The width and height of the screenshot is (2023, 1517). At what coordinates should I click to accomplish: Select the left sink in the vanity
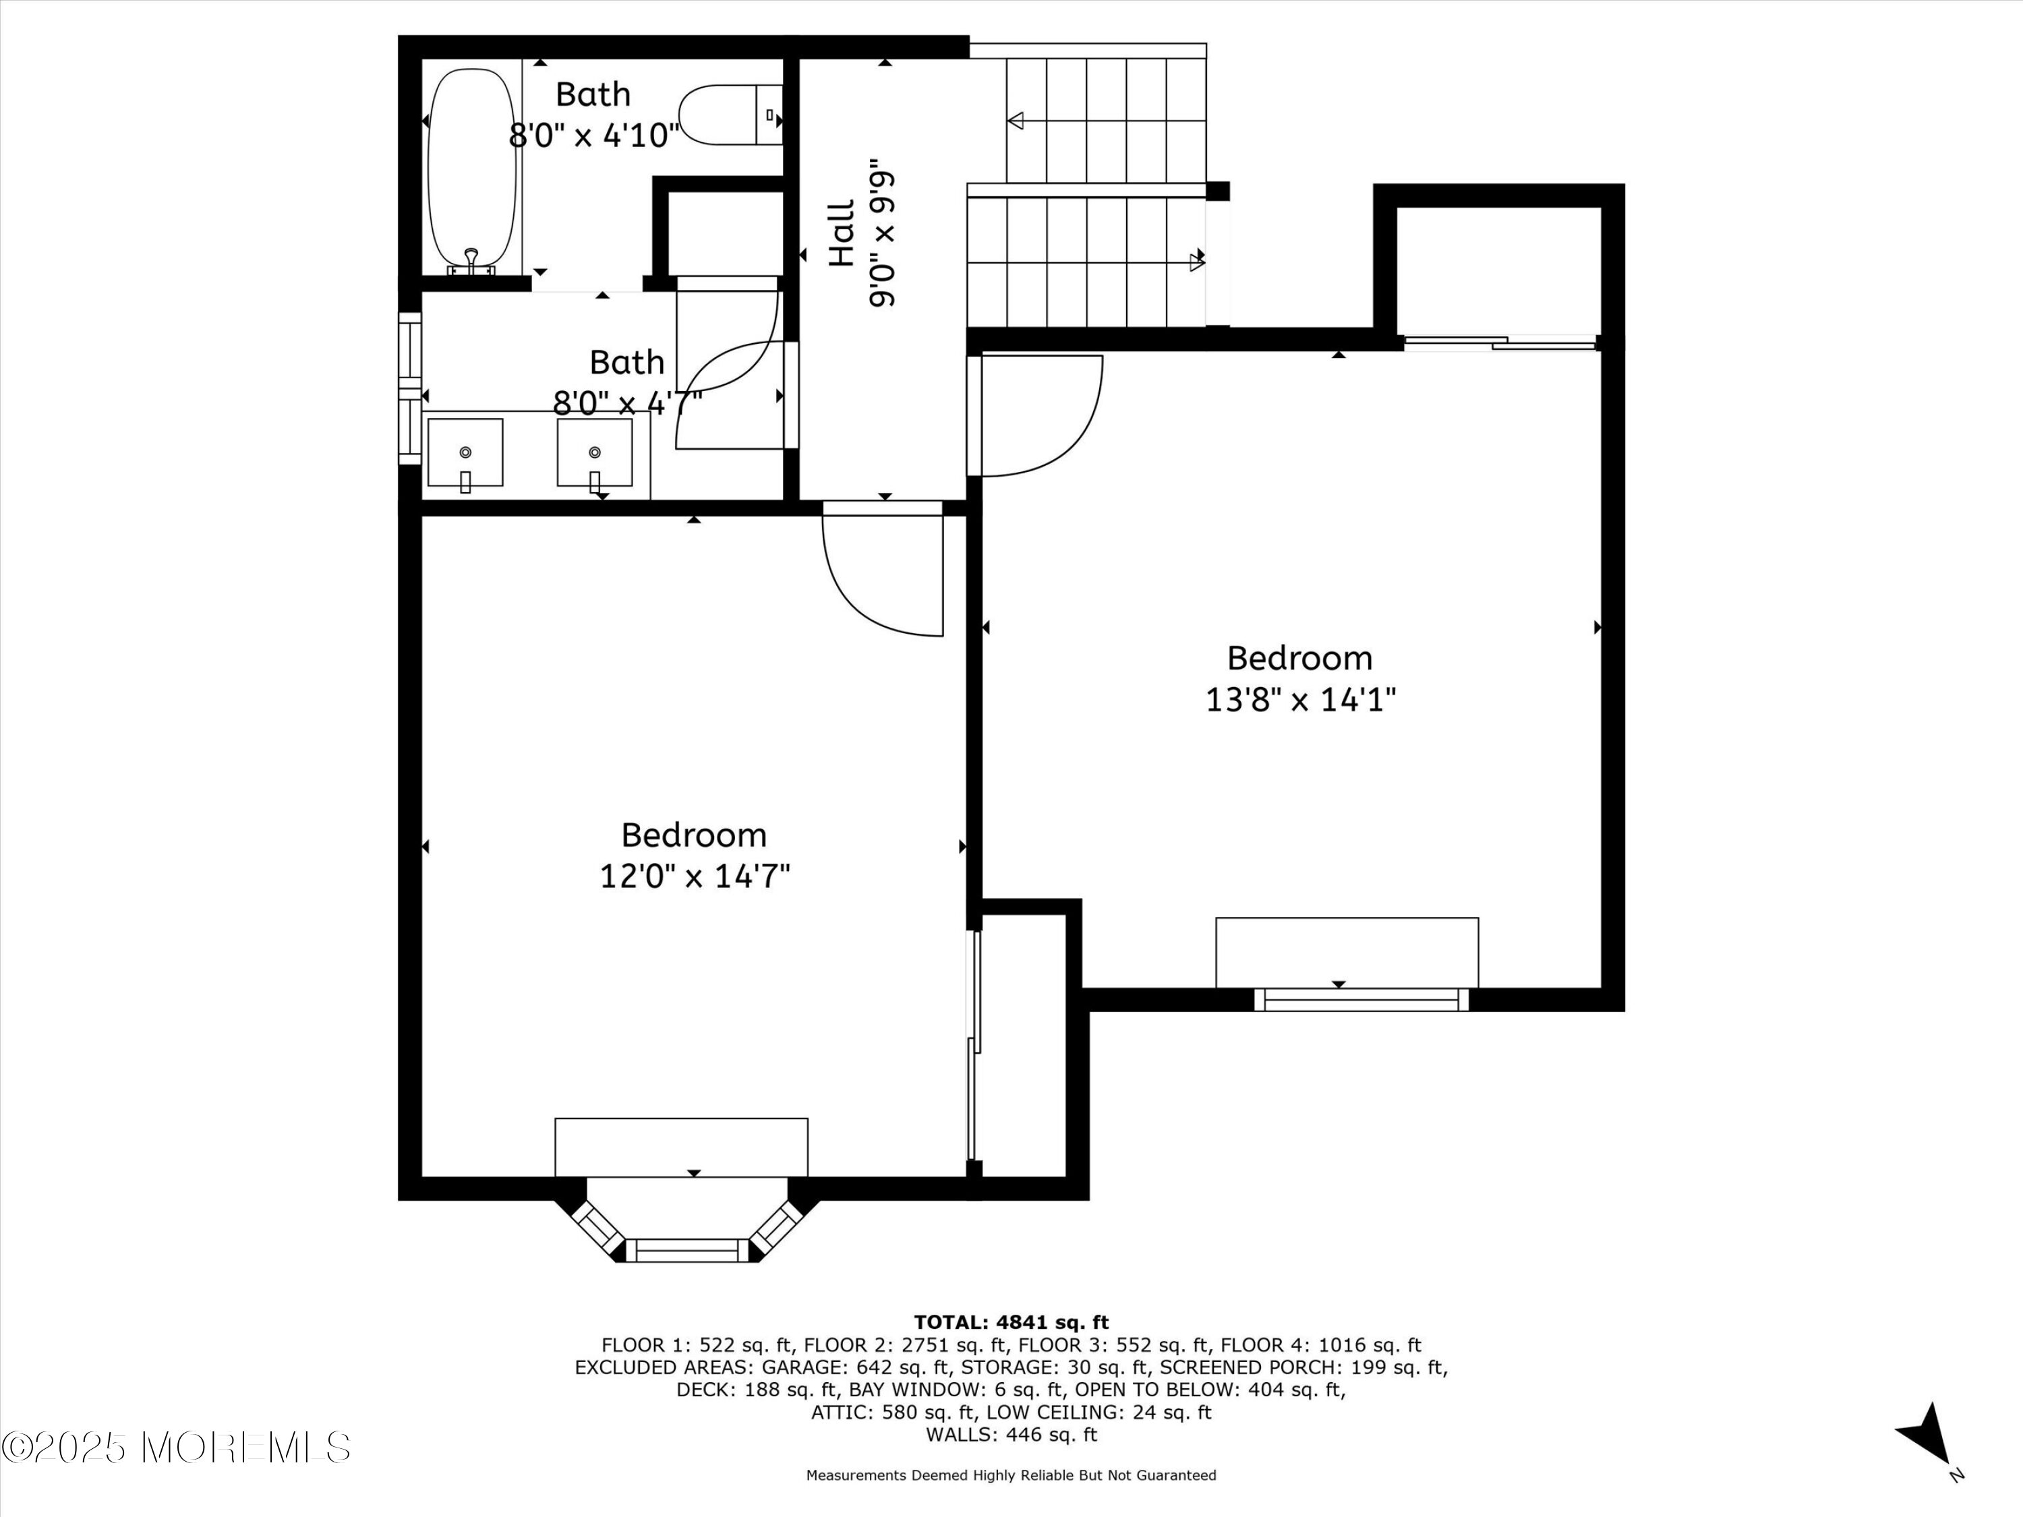(465, 452)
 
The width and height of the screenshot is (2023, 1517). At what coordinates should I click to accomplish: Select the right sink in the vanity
(595, 452)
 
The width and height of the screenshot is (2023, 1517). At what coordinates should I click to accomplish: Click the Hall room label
(842, 234)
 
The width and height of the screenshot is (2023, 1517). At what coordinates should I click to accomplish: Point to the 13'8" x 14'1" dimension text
(1301, 701)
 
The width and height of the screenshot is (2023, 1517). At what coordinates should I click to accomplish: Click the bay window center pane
(693, 1250)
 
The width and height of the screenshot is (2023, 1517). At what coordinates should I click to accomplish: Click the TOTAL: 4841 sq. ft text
(1011, 1322)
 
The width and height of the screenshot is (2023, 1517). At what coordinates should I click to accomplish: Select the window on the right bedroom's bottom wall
(1361, 999)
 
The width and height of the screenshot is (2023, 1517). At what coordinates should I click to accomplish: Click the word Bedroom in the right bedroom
(1299, 657)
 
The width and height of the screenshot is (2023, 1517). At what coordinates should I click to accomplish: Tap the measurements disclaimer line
(1011, 1475)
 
